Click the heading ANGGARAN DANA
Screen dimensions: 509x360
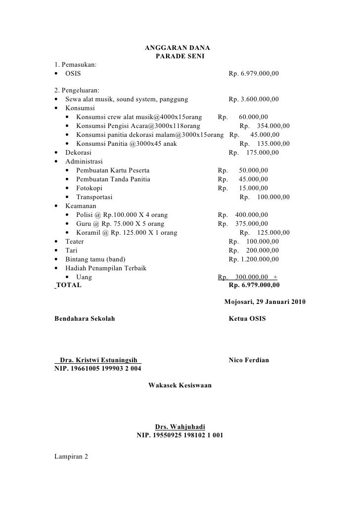tap(177, 48)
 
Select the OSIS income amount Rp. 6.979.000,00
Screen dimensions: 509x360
tap(254, 74)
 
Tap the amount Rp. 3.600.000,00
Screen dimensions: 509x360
tap(254, 99)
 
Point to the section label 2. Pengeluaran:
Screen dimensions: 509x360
tap(77, 90)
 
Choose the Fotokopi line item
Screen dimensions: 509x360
tap(89, 188)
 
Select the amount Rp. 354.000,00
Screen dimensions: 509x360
tap(265, 126)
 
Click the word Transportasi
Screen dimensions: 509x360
tap(94, 197)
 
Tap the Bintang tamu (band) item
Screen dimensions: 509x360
tap(95, 259)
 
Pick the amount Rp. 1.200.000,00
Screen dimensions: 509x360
tap(254, 259)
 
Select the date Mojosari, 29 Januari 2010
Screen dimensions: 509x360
tap(265, 301)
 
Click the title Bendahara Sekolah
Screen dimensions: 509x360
tap(85, 319)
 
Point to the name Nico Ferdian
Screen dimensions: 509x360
tap(249, 361)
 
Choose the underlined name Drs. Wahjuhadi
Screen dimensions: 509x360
tap(180, 427)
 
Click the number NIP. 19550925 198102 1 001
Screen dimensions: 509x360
tap(180, 436)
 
